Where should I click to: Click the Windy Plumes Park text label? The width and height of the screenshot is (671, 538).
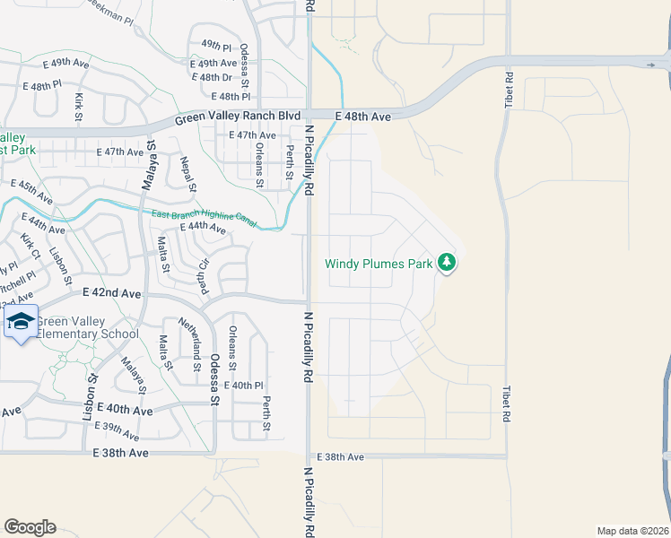[x=379, y=264]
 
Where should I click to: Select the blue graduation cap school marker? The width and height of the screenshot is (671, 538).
[x=21, y=322]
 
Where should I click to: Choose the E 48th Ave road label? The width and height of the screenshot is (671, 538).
[x=363, y=117]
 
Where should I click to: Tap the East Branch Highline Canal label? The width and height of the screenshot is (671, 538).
[x=205, y=218]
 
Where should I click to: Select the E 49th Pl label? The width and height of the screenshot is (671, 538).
[x=217, y=44]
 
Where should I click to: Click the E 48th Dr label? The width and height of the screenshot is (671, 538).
[x=218, y=78]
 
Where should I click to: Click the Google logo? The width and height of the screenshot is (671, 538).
[x=30, y=527]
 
